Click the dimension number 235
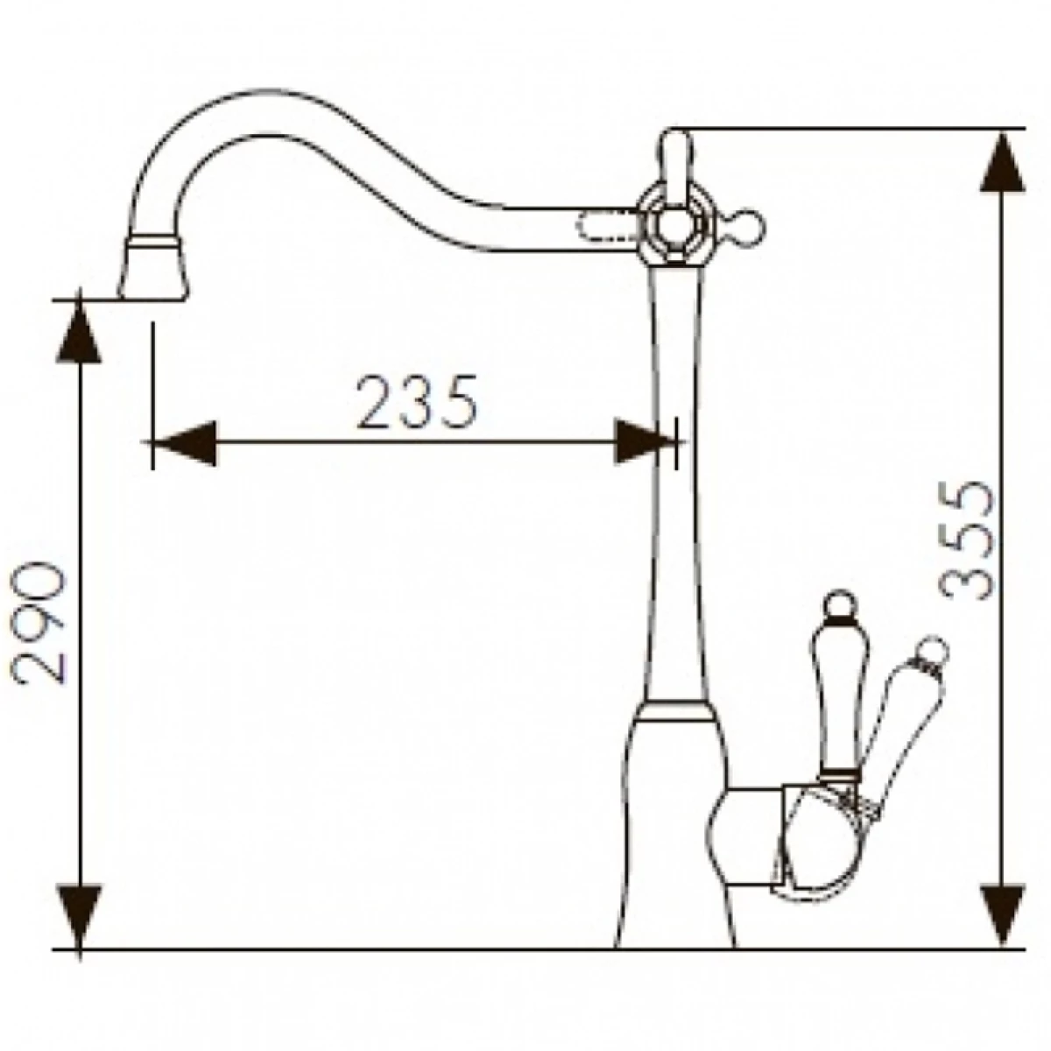(x=417, y=401)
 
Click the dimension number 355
(x=966, y=540)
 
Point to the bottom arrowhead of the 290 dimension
(x=80, y=917)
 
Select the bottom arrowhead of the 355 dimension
(x=1003, y=917)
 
